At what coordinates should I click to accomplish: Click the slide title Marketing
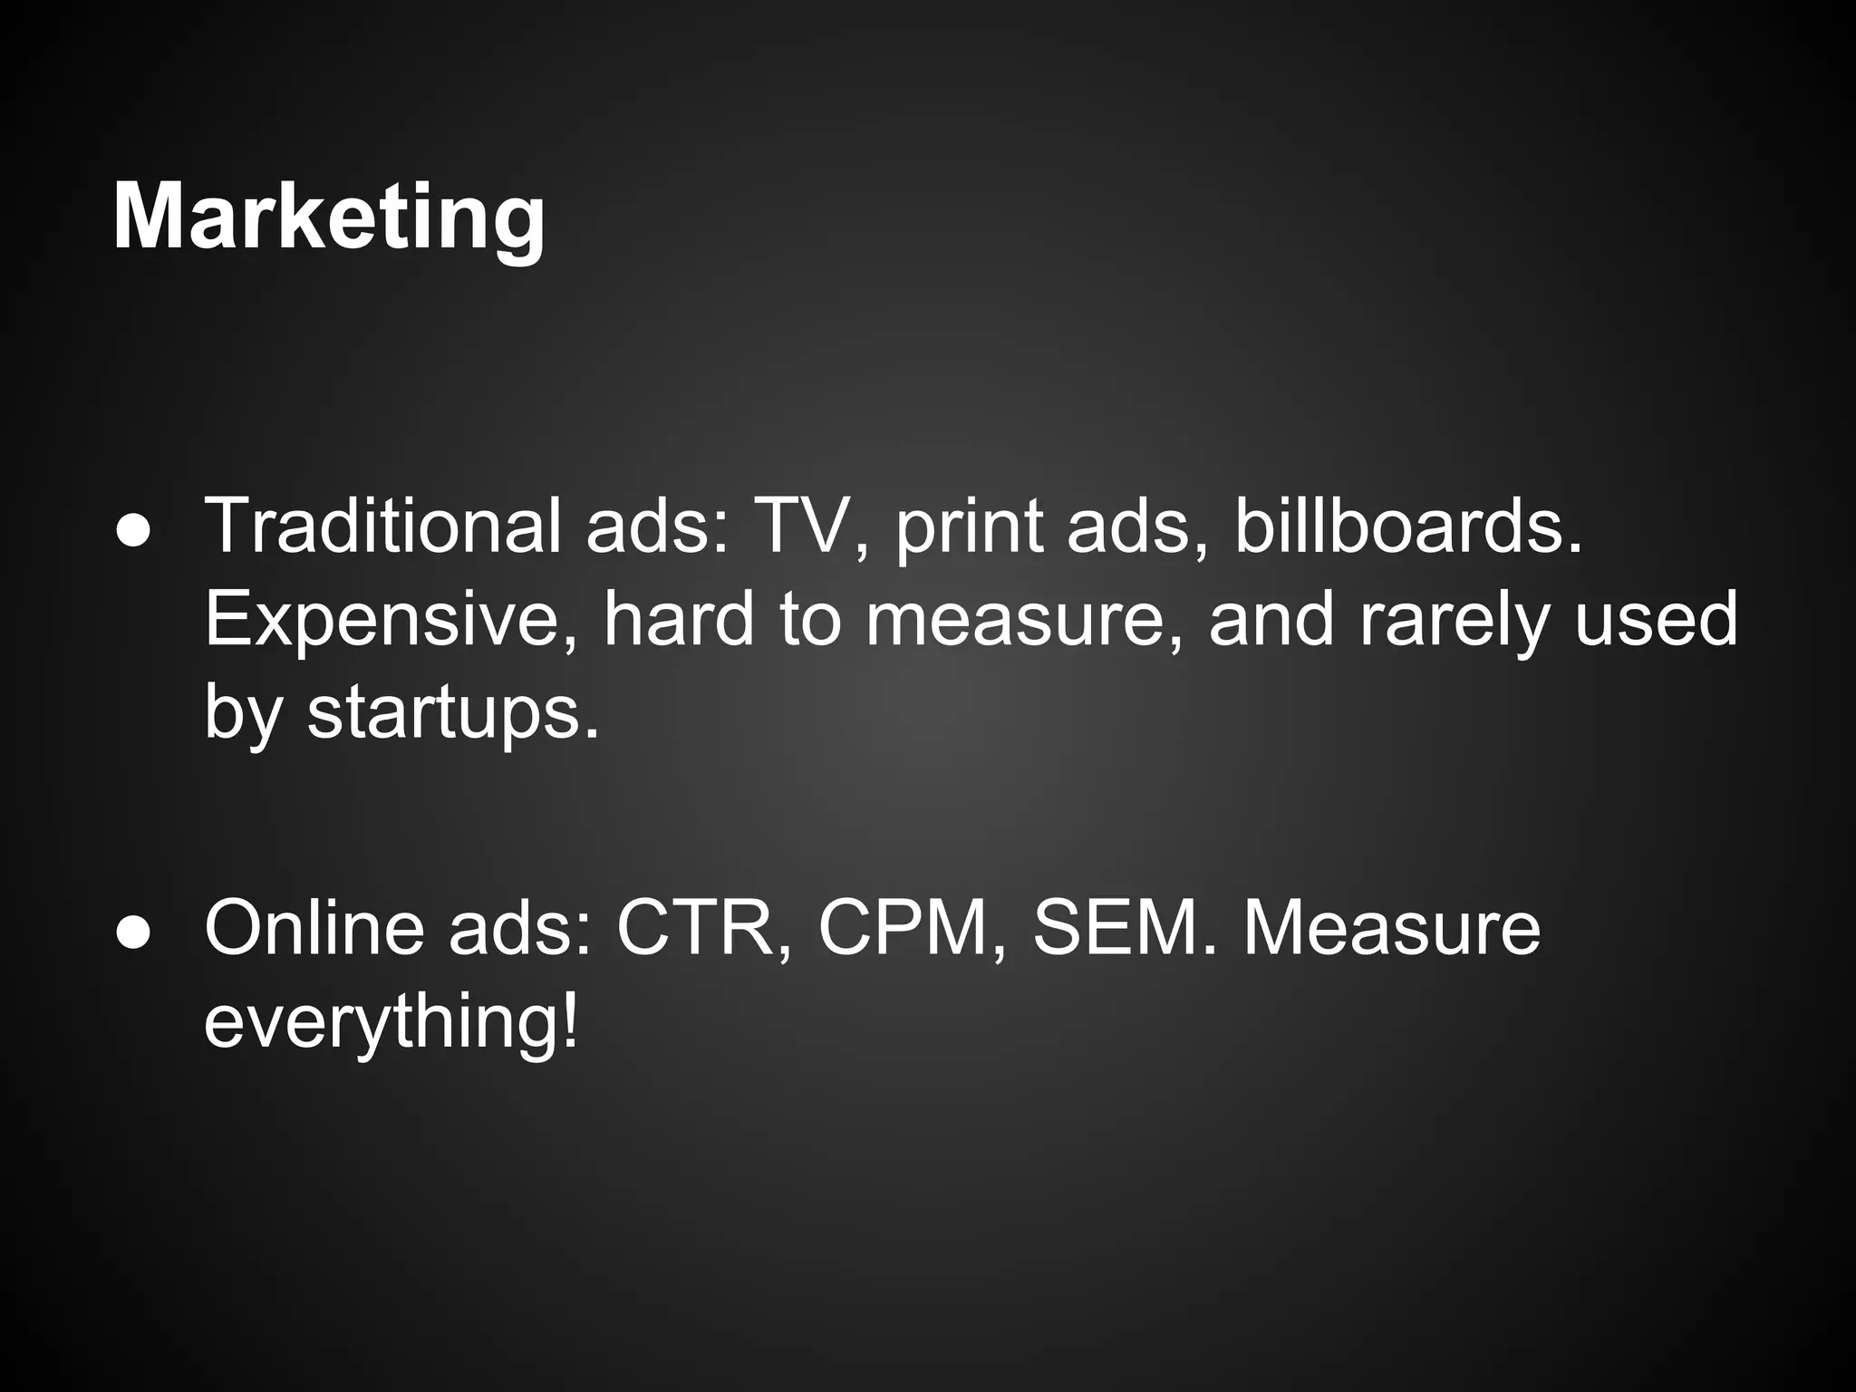pyautogui.click(x=328, y=217)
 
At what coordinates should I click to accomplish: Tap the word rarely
pyautogui.click(x=1453, y=622)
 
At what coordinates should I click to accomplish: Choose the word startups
pyautogui.click(x=452, y=714)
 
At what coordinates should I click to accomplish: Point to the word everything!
pyautogui.click(x=391, y=1022)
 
